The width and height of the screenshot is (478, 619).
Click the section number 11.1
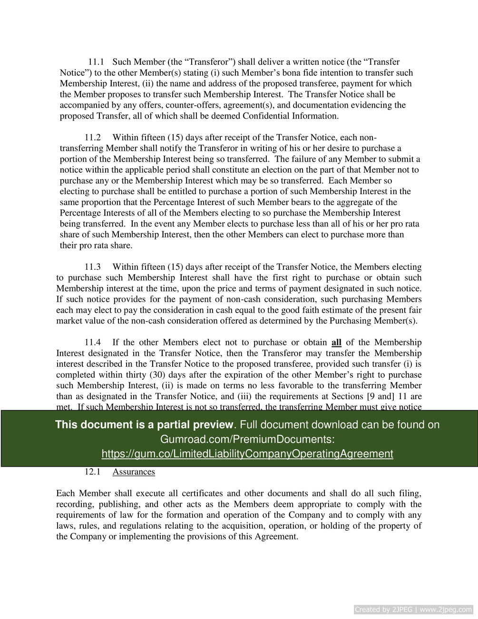[96, 62]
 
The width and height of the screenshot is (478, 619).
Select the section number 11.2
[92, 138]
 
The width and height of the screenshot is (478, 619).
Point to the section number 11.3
[92, 267]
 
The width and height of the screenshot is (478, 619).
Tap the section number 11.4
[92, 343]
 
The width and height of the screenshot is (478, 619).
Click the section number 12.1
[92, 472]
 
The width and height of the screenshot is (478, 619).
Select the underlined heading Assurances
[134, 472]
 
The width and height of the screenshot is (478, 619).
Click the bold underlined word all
[336, 343]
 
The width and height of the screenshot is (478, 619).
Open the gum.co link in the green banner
[247, 453]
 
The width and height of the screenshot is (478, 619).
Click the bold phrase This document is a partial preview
[144, 424]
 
